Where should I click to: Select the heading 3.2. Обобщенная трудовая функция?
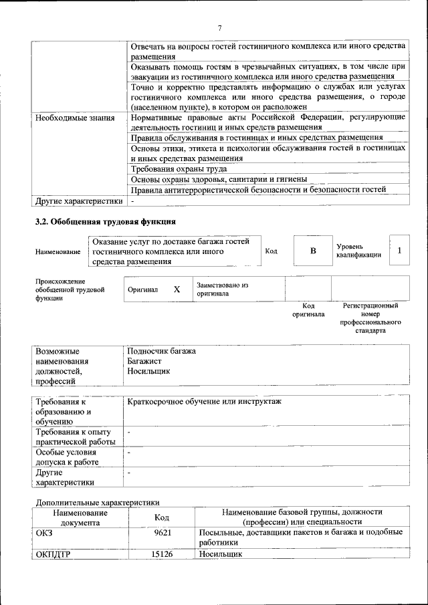(105, 221)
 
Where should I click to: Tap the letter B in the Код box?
(312, 251)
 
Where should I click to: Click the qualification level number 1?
(399, 251)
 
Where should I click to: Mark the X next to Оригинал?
(177, 289)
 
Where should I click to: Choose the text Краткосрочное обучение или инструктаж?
(205, 401)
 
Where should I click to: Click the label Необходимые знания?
(75, 117)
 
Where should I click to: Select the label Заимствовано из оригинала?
(222, 289)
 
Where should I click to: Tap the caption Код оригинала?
(308, 310)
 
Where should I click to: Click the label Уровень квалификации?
(358, 251)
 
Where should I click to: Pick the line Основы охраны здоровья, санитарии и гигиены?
(219, 179)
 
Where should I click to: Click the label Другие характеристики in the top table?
(79, 201)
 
